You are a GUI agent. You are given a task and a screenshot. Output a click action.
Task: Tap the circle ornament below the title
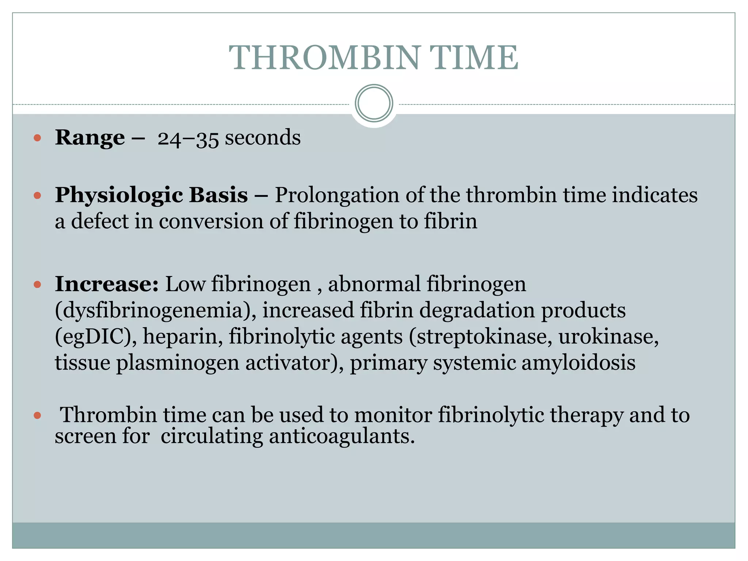click(x=374, y=103)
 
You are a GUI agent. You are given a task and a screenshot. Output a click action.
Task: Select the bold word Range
click(x=90, y=138)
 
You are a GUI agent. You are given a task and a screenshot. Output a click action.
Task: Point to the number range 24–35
click(x=188, y=138)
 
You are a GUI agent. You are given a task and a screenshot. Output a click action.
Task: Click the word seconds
click(x=263, y=138)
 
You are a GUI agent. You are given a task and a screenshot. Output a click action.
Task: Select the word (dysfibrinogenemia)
click(x=156, y=310)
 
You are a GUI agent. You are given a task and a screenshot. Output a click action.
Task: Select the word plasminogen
click(x=178, y=364)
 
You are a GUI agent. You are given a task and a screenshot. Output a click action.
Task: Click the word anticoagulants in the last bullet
click(x=342, y=436)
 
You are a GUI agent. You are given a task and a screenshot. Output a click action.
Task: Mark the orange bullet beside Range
click(x=37, y=138)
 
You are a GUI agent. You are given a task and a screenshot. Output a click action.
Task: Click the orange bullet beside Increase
click(x=37, y=285)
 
